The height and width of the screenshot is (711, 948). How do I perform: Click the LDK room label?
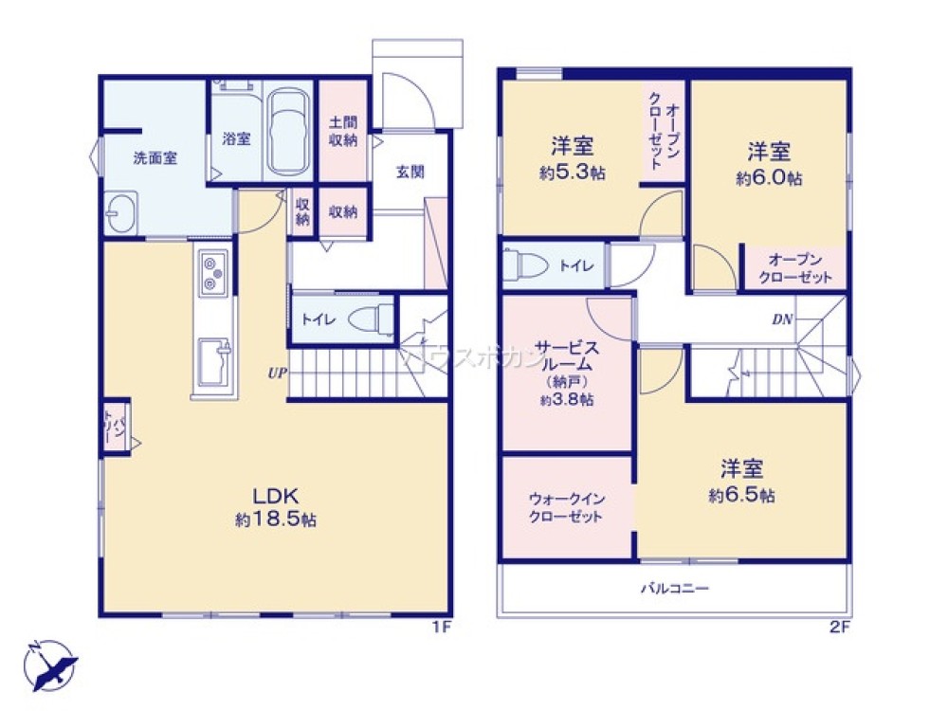coord(276,495)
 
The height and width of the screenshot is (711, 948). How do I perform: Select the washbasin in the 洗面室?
coord(121,212)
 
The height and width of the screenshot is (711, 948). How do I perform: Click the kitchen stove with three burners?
coord(212,272)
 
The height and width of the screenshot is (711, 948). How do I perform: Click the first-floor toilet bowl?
coord(369,319)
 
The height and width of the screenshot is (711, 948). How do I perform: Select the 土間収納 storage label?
coord(343,132)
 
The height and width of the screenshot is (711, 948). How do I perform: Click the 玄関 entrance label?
coord(410,172)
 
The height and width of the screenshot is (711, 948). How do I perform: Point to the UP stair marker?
coord(276,373)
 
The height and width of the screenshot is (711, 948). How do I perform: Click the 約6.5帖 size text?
coord(742,495)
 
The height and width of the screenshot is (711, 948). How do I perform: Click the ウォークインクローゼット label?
coord(567,507)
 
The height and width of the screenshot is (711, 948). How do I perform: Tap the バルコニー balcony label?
coord(674,589)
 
